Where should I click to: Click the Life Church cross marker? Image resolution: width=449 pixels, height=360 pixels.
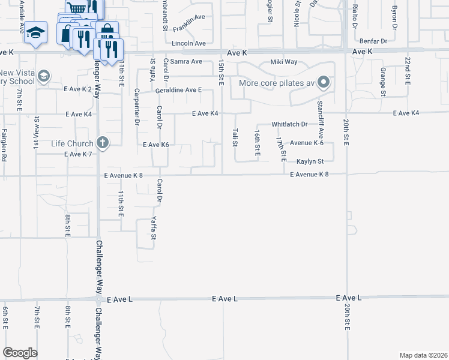click(x=103, y=143)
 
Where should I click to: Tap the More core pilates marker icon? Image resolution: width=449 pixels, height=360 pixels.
click(x=324, y=82)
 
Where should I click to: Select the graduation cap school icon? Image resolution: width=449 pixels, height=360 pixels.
click(x=36, y=32)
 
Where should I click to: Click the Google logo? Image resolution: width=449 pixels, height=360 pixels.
click(x=20, y=353)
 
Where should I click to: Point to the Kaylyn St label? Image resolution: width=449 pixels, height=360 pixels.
click(x=310, y=161)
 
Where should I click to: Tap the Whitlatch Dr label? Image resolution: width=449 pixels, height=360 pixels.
click(x=289, y=124)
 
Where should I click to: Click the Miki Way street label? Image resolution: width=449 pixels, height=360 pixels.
click(x=284, y=62)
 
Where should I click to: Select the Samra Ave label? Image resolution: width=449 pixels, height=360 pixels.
click(x=186, y=62)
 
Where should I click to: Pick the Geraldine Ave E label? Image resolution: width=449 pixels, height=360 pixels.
click(x=178, y=90)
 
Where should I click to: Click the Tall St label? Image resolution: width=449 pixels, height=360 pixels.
click(x=235, y=137)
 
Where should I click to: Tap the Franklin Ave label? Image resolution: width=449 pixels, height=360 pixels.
click(x=189, y=25)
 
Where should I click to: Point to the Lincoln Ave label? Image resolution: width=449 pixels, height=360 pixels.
click(x=188, y=44)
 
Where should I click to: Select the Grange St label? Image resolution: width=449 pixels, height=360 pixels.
click(x=382, y=81)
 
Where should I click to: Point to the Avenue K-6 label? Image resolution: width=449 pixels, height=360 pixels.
click(x=307, y=143)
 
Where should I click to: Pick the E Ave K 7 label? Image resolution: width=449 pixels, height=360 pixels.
click(x=77, y=154)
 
